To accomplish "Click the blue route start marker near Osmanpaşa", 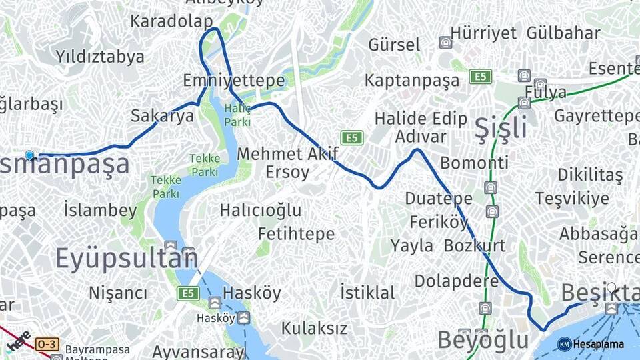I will pos(29,155).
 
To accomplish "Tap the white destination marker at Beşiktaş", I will pos(611,289).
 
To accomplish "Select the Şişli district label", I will pos(500,127).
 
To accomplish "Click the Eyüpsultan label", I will pos(126,257).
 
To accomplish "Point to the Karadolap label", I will pos(171,21).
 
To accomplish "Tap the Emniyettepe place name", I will pos(234,81).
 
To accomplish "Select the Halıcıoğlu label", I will pos(261,211).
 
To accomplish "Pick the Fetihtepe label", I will pos(296,234).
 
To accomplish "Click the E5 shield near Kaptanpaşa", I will pos(480,76).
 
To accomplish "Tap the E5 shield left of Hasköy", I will pos(188,293).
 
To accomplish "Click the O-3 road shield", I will pos(47,344).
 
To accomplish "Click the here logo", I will pos(19,341).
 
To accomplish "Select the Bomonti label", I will pos(474,163).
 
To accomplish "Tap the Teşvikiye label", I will pos(572,198).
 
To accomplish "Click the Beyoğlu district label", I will pos(483,340).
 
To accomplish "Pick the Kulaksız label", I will pos(314,328).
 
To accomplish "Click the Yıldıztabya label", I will pos(100,56).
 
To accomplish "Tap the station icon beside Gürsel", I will pos(445,43).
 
